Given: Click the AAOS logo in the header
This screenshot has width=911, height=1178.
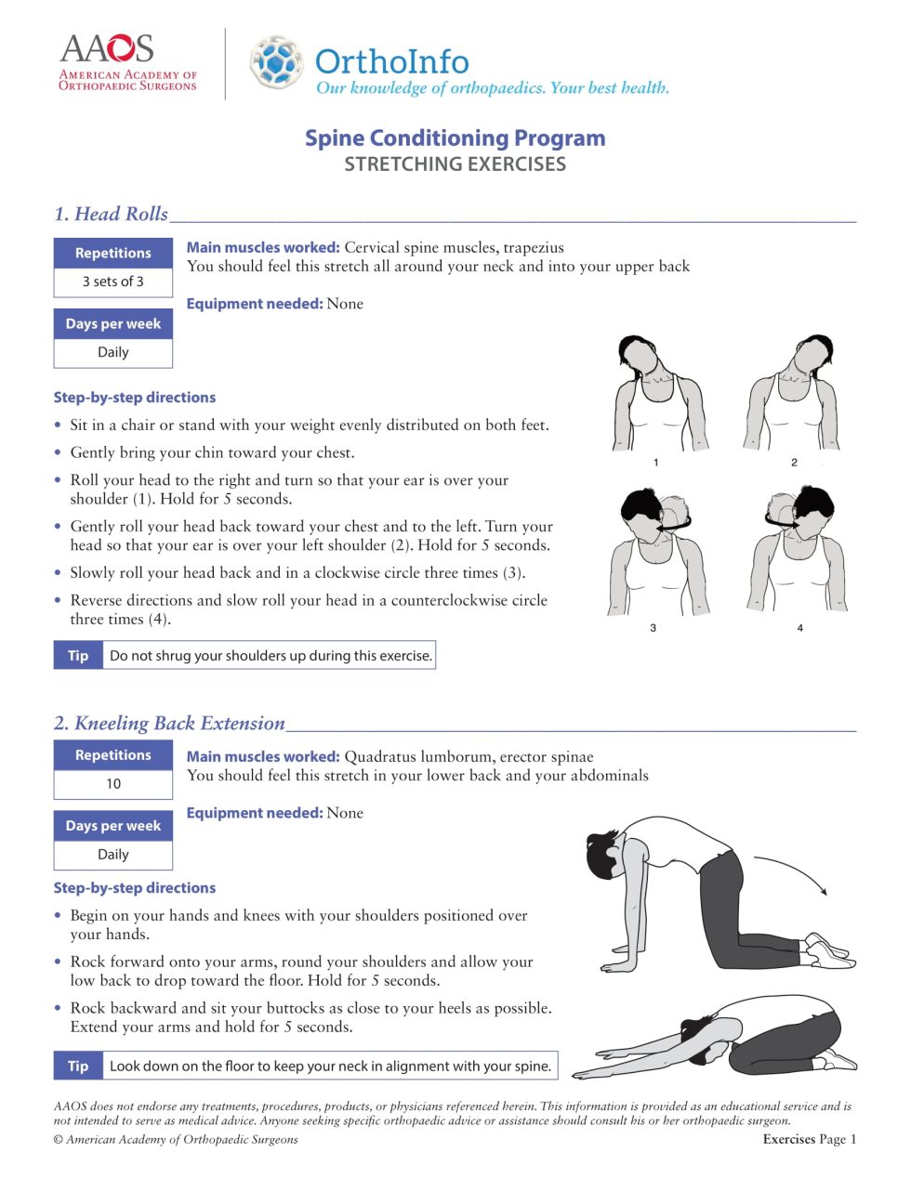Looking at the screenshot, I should (127, 62).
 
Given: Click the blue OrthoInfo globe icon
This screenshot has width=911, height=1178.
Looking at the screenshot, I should (277, 62).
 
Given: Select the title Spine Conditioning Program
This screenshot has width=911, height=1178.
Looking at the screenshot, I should (455, 138).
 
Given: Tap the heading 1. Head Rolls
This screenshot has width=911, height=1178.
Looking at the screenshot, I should (111, 214).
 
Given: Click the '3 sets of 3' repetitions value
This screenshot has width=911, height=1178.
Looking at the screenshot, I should (112, 281).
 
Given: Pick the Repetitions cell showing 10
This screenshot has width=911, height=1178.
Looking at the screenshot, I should (112, 784).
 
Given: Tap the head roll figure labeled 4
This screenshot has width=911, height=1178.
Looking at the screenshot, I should (798, 553).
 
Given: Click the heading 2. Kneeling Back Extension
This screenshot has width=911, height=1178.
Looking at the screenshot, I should (169, 723).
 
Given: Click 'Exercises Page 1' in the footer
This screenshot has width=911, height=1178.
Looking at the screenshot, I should (809, 1139).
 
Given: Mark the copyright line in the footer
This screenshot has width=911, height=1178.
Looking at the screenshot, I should (176, 1139).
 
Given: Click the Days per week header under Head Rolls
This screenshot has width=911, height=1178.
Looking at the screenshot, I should (112, 324).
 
